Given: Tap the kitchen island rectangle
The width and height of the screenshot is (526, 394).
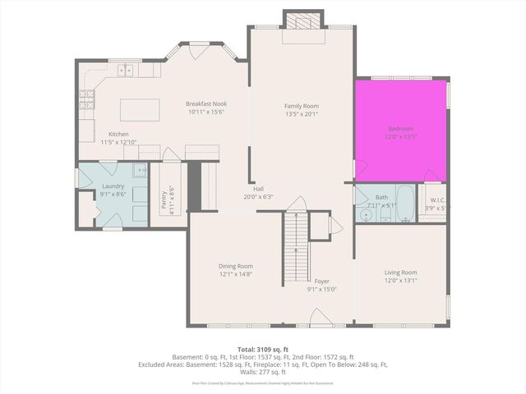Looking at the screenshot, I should (x=139, y=109).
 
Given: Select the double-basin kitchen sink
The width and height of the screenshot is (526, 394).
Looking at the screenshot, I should (x=126, y=71).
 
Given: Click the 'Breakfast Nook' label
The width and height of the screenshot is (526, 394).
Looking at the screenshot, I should (x=205, y=103).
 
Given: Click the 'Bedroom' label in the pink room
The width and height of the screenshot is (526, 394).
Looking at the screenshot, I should (x=400, y=129).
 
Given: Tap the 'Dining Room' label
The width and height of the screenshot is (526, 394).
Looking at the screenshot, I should (x=235, y=266).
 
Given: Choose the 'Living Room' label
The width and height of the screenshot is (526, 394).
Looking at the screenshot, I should (x=400, y=273).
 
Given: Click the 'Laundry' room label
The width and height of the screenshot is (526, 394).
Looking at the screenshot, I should (x=113, y=186).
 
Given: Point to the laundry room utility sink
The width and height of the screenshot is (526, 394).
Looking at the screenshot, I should (x=140, y=172).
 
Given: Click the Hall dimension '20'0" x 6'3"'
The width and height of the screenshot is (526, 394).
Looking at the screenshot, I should (x=258, y=197).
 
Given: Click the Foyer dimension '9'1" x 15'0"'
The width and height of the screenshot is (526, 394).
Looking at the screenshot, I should (x=321, y=288).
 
